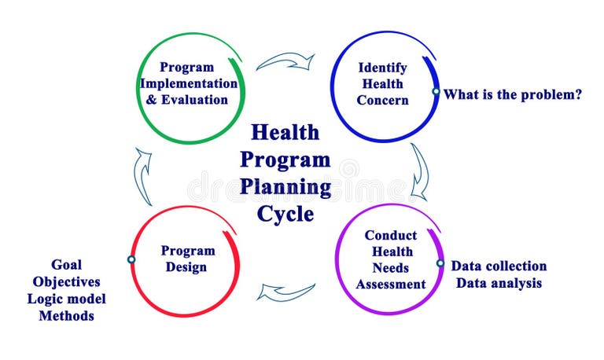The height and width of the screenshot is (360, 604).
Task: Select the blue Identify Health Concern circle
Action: click(382, 85)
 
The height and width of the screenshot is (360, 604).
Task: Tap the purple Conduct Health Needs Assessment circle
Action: click(390, 259)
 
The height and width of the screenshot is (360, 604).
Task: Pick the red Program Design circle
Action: click(187, 259)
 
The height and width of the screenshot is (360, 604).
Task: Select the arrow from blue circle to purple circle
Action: click(420, 171)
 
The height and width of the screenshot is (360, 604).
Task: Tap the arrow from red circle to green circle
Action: click(143, 174)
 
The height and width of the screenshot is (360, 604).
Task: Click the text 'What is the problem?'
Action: click(512, 94)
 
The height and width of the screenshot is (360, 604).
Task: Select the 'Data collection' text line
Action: click(499, 266)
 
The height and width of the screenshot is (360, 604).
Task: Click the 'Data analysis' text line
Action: click(499, 283)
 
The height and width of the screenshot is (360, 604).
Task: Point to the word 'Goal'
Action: click(66, 265)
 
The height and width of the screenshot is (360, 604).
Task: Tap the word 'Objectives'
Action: click(66, 281)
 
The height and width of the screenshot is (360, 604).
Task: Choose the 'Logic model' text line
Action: click(66, 299)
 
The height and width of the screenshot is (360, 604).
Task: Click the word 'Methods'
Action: click(66, 316)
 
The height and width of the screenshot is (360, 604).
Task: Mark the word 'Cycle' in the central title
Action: click(285, 214)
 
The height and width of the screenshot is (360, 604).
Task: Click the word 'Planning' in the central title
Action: click(285, 187)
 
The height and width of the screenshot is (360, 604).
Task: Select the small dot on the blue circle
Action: click(436, 91)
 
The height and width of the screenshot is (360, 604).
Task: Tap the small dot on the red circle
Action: click(131, 259)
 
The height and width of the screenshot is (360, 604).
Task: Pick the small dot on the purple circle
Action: click(440, 264)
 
